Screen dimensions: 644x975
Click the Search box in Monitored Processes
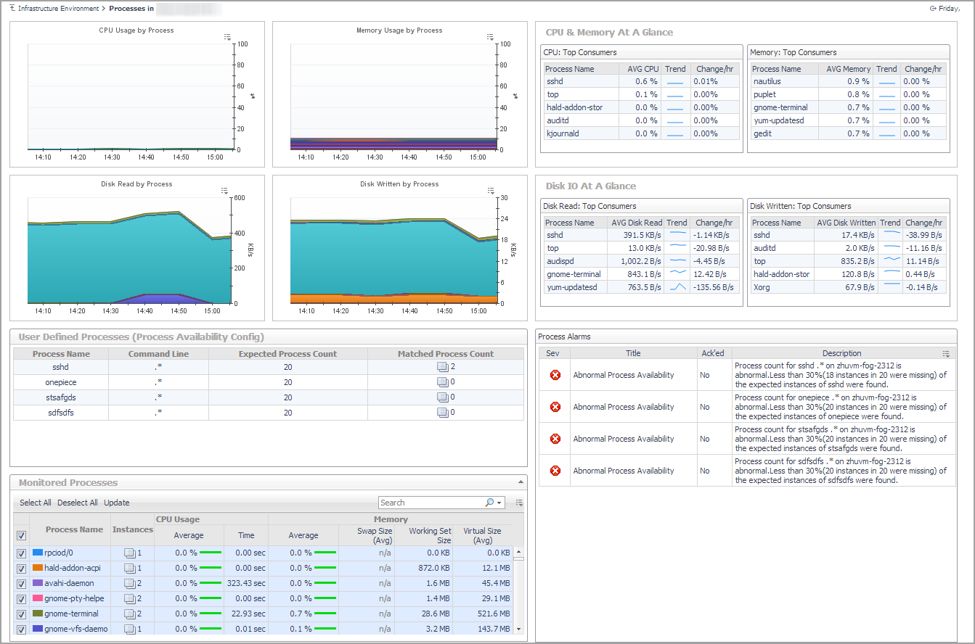coord(430,503)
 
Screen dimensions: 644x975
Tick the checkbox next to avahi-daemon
coord(21,583)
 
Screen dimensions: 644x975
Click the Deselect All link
coord(78,503)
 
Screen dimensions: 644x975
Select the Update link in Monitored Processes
coord(116,503)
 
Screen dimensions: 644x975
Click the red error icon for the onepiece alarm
coord(555,407)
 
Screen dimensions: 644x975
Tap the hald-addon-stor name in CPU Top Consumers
coord(574,107)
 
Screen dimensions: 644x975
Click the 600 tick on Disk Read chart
coord(238,198)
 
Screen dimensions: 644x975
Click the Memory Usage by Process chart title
coord(399,30)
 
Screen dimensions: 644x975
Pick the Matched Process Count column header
coord(445,354)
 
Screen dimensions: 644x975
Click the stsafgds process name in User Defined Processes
coord(61,397)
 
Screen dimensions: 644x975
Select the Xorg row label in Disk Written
coord(762,287)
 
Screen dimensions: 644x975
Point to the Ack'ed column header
coord(712,353)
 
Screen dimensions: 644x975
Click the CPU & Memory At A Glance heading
coord(609,33)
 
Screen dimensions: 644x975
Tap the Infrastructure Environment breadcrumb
coord(58,9)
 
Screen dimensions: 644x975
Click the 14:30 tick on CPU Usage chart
coord(112,157)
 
